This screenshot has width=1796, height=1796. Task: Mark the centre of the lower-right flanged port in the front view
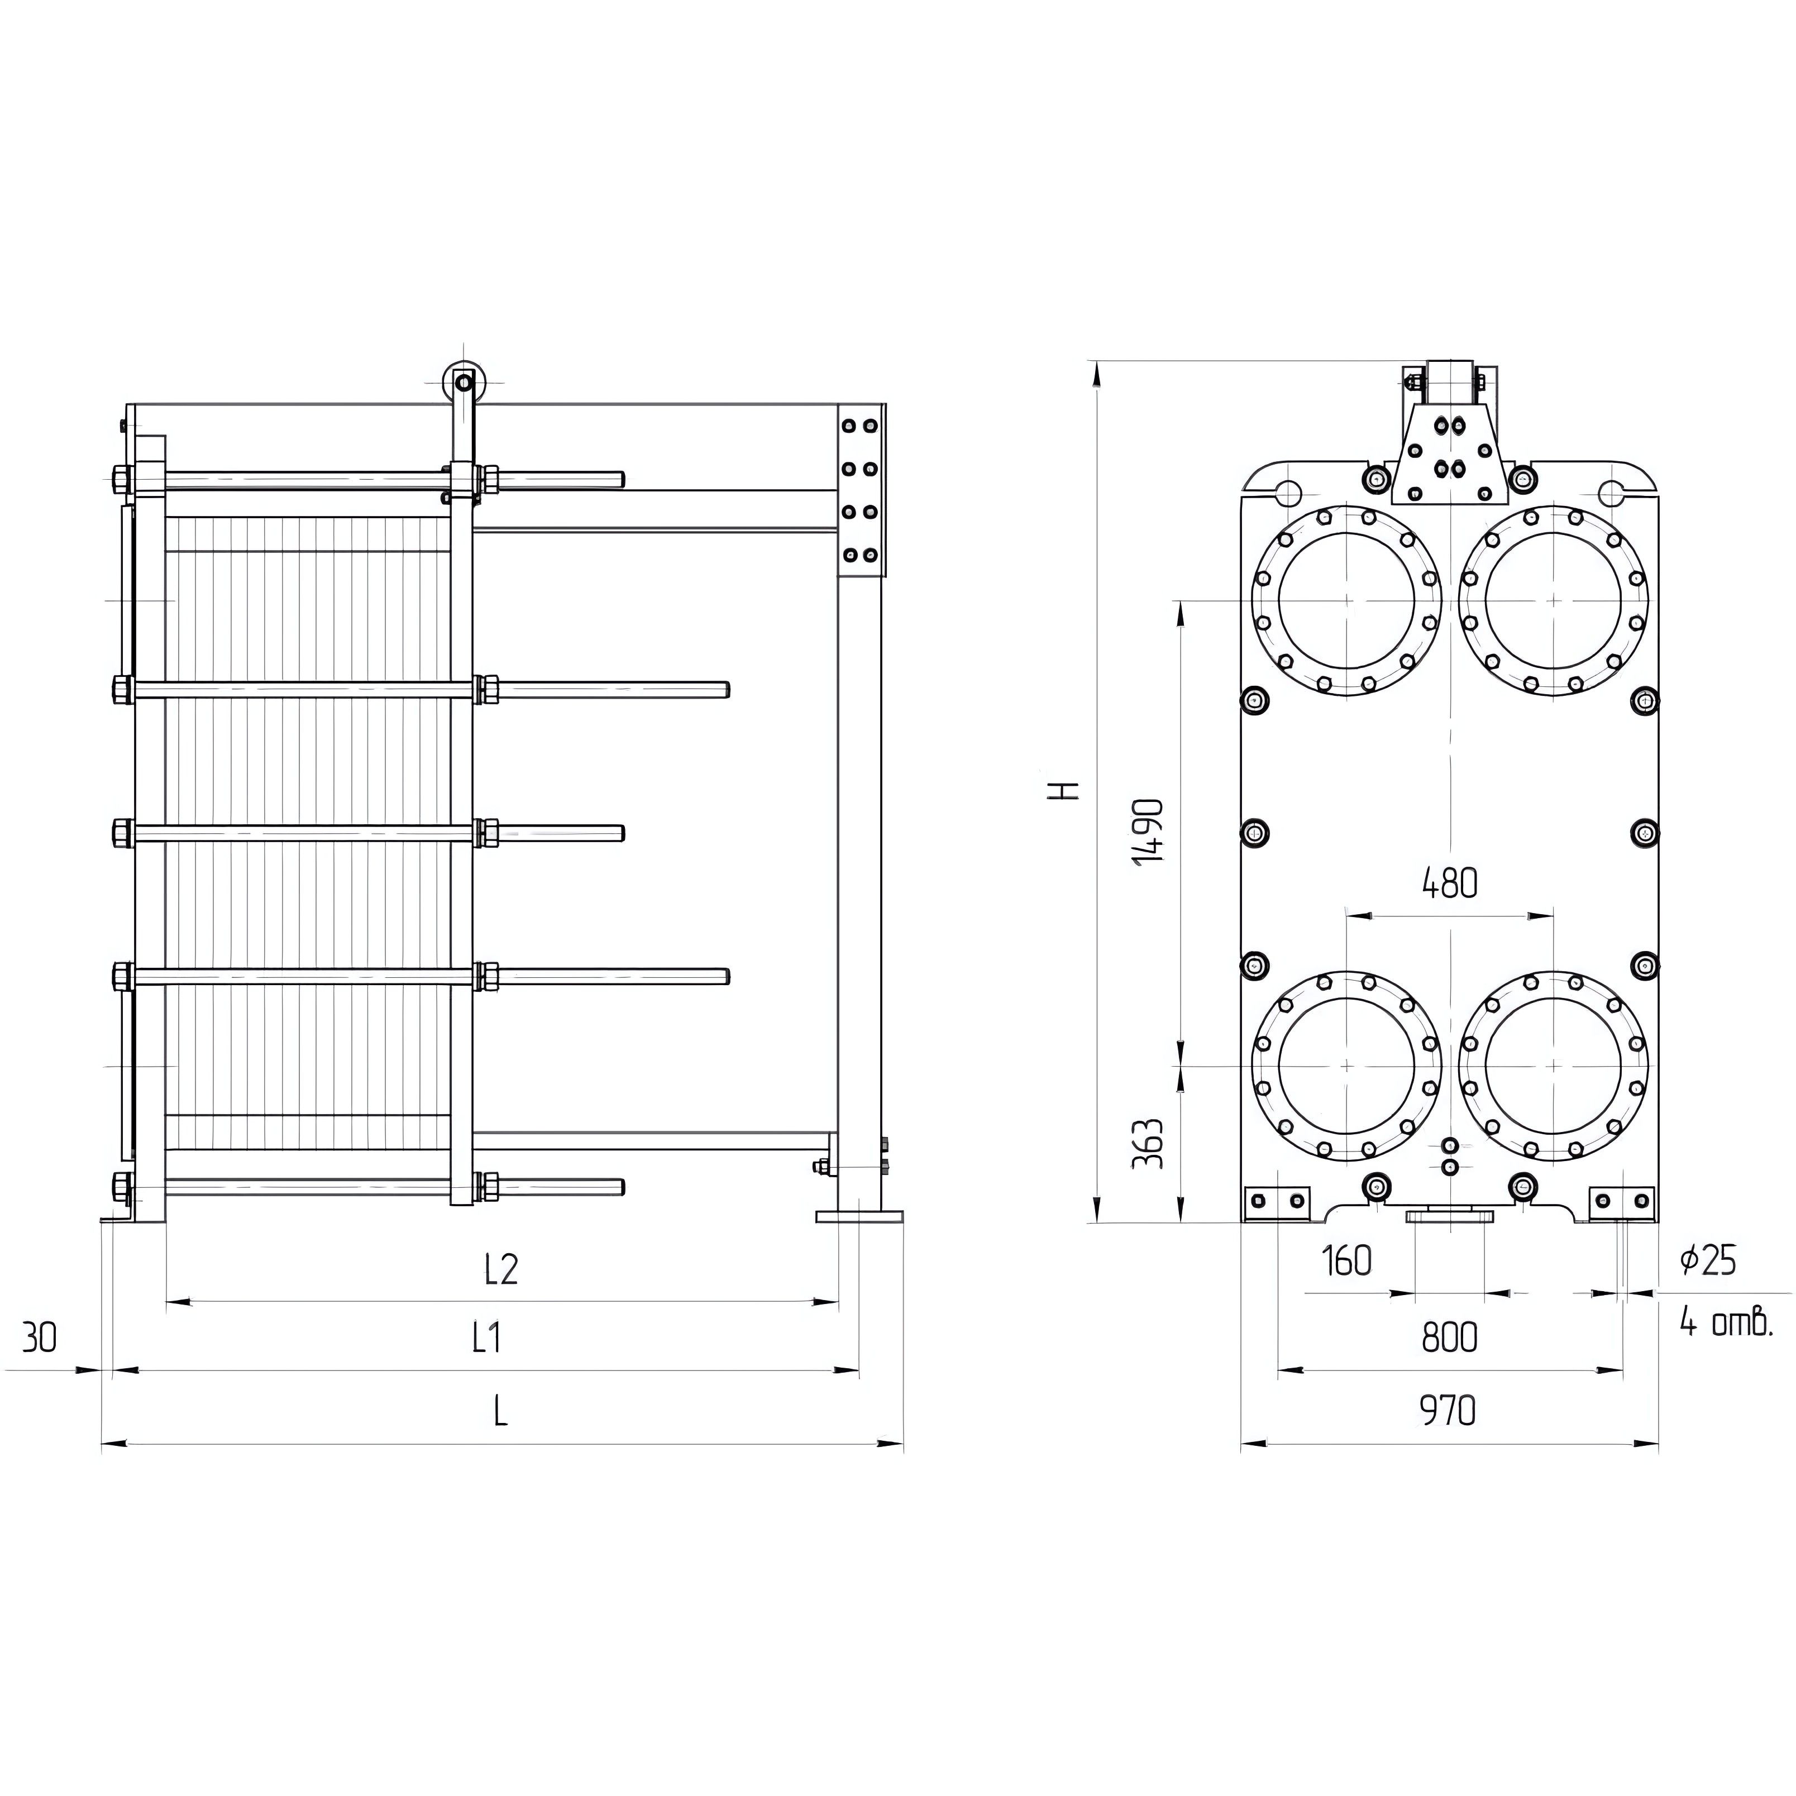click(x=1554, y=1066)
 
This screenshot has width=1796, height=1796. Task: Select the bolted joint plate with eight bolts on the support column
click(x=860, y=490)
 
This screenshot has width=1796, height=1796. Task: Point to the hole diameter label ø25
click(x=1708, y=1260)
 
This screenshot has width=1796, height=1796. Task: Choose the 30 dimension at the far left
click(x=39, y=1338)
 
